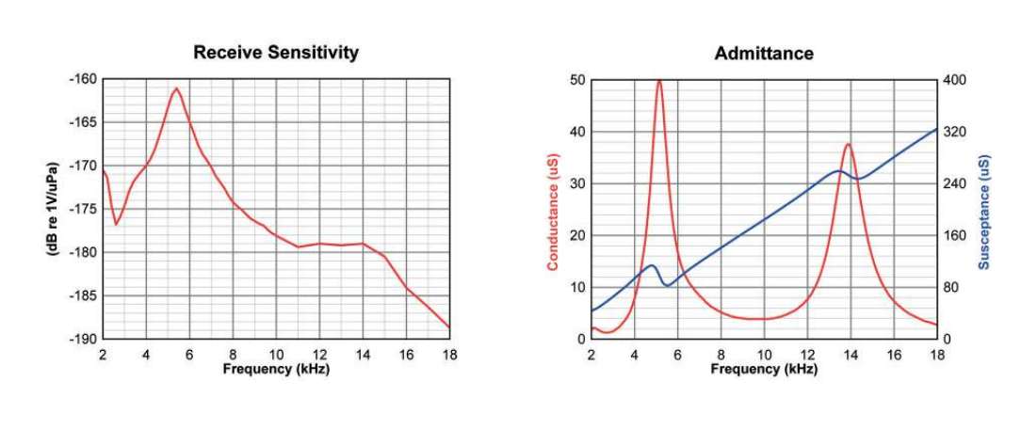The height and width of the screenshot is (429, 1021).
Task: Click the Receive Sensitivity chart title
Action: pos(275,53)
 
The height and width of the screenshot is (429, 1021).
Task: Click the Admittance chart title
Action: pos(764,53)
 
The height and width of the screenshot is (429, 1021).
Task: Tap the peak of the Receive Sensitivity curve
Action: pos(176,88)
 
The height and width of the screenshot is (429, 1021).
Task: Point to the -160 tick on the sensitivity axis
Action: pos(83,79)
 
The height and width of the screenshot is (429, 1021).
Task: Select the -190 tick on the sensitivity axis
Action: pos(83,339)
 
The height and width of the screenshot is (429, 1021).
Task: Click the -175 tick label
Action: pos(83,209)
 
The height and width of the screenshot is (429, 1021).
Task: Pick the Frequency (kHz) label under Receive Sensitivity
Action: pos(275,368)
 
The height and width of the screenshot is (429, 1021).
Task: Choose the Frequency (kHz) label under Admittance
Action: pos(764,368)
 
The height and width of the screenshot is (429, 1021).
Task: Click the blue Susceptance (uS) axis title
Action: pos(983,209)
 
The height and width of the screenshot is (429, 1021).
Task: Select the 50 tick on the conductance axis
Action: pos(577,79)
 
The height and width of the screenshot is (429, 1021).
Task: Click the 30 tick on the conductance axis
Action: pos(577,183)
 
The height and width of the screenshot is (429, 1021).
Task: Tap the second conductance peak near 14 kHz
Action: pos(849,144)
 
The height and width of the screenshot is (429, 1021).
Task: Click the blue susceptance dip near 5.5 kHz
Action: pos(668,285)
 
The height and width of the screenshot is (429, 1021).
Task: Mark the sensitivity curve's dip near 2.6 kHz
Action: pos(116,224)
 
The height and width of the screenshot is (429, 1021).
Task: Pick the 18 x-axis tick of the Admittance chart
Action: pos(937,354)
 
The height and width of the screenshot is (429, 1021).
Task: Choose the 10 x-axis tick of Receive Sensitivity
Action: pos(276,354)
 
